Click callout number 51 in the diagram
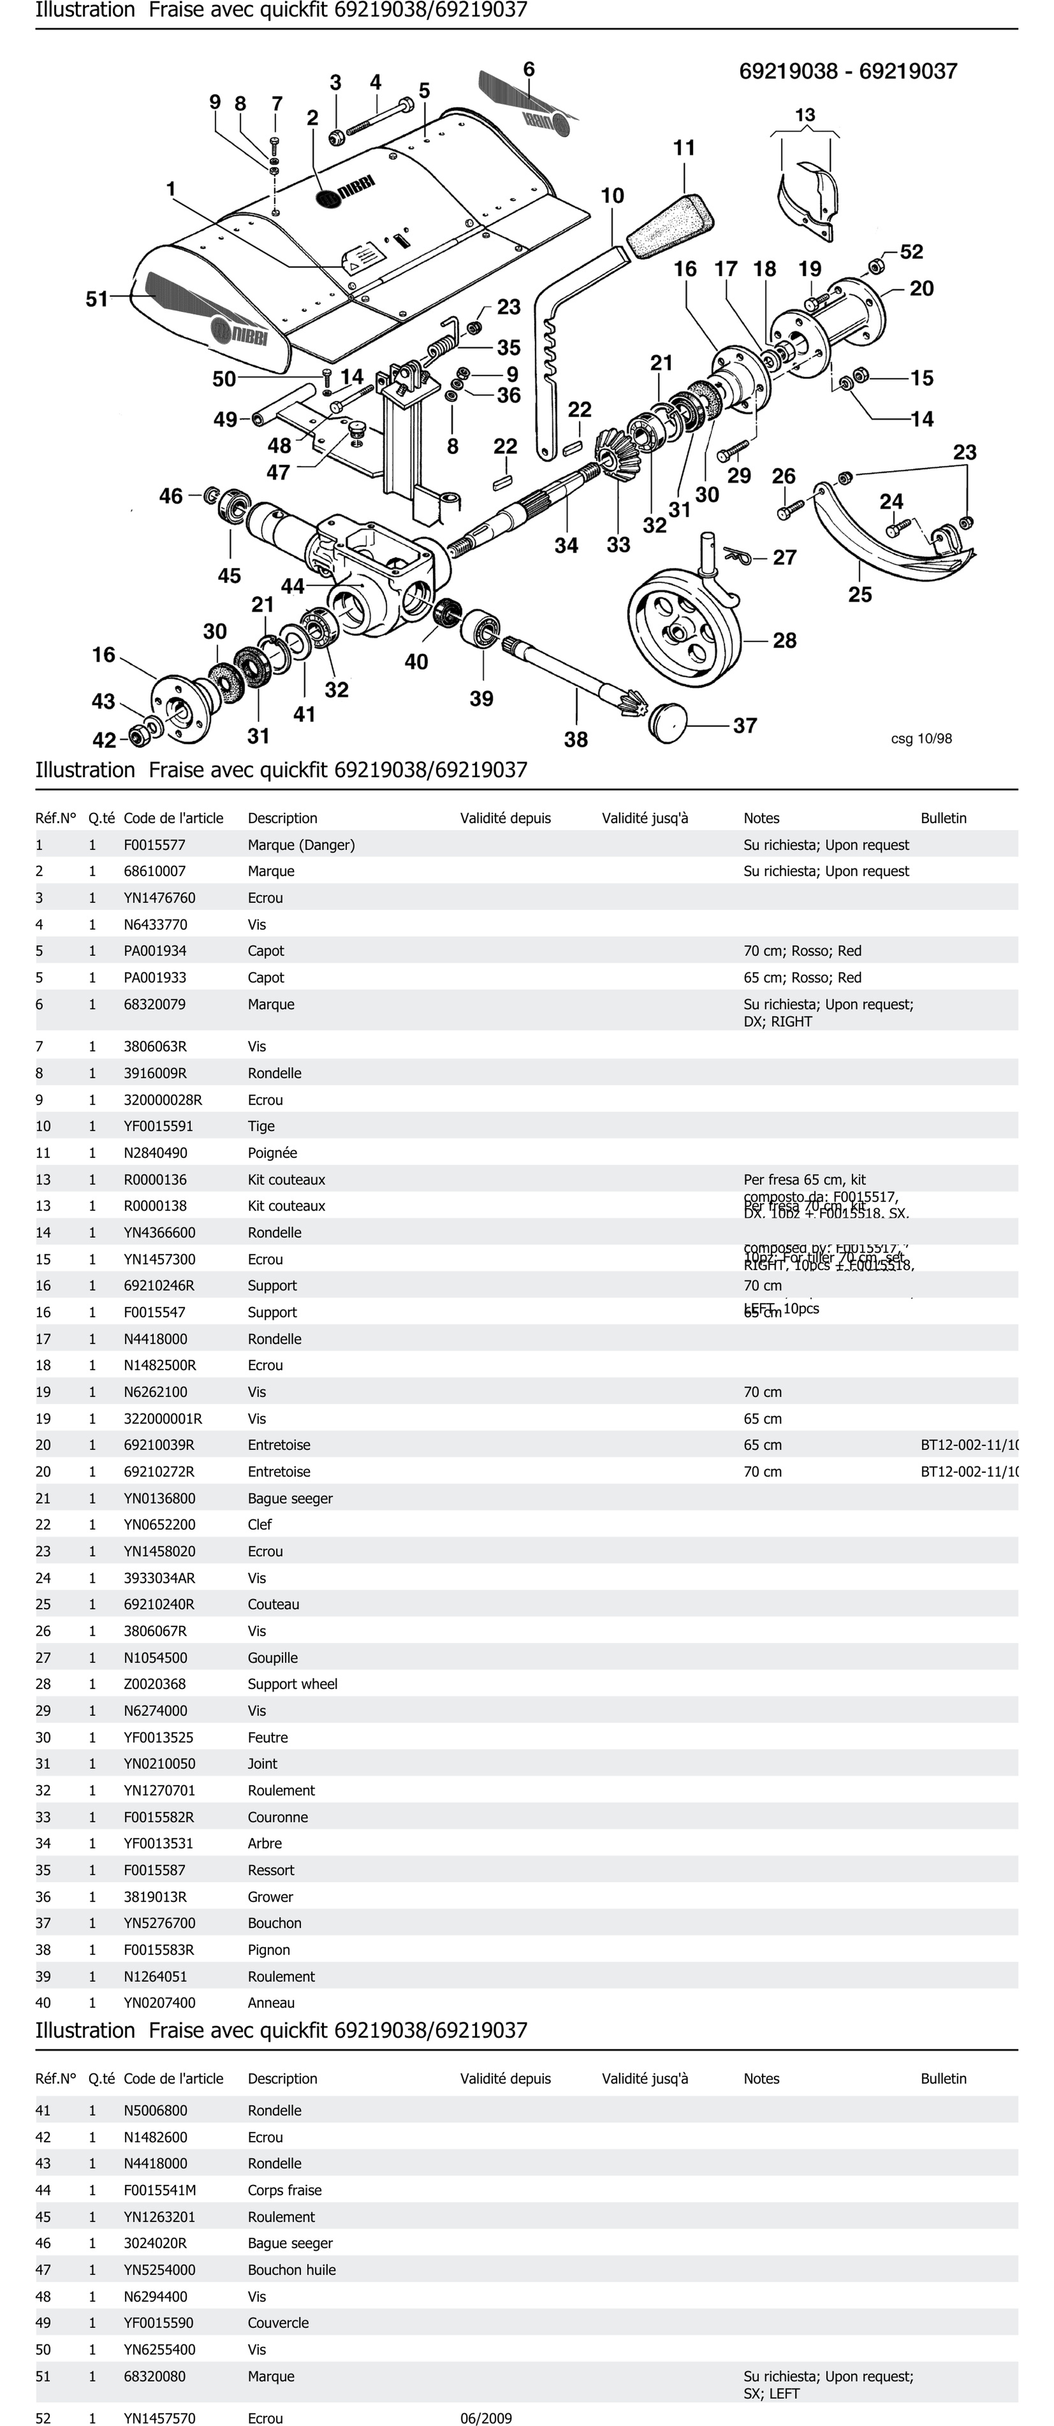[x=97, y=299]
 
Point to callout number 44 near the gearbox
[x=293, y=586]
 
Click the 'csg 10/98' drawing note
[x=921, y=738]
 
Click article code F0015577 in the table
[x=155, y=845]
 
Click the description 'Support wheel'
[x=292, y=1684]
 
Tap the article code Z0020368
[x=155, y=1684]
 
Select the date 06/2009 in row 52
[x=486, y=2417]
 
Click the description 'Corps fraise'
[x=284, y=2189]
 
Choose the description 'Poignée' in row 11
[x=272, y=1153]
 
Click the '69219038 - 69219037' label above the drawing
[x=848, y=72]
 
